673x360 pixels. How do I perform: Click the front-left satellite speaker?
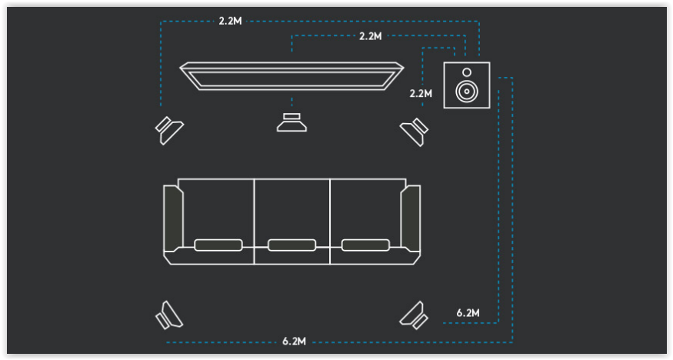[x=169, y=131]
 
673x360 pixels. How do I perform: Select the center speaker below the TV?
[x=292, y=122]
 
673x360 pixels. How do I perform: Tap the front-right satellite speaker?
[x=415, y=132]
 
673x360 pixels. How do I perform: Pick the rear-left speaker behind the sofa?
[x=168, y=315]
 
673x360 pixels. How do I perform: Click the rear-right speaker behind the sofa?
[x=415, y=315]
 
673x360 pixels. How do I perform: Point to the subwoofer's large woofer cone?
[x=467, y=91]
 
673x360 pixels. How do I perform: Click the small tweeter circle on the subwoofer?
[x=467, y=72]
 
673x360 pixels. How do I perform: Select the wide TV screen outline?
[x=292, y=76]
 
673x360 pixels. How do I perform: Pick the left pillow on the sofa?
[x=218, y=245]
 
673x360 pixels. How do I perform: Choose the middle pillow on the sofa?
[x=292, y=245]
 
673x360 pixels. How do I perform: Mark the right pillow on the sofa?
[x=365, y=245]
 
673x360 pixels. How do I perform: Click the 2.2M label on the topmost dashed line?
[x=231, y=21]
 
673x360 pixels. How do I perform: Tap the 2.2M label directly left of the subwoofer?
[x=421, y=93]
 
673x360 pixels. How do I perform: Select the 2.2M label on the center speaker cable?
[x=371, y=36]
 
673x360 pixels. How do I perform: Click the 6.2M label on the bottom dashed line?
[x=294, y=342]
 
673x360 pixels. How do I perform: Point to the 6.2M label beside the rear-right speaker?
[x=468, y=313]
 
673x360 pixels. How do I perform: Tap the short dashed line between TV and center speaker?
[x=292, y=102]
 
